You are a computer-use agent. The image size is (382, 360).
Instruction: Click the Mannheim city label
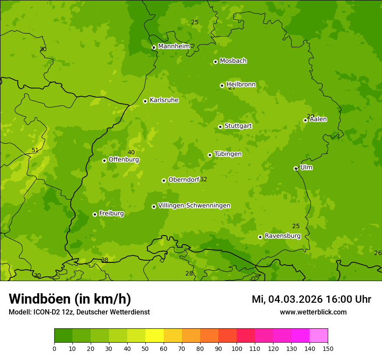click(x=174, y=46)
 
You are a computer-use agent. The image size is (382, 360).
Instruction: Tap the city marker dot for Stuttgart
click(x=220, y=127)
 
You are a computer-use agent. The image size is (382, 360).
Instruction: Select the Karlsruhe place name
click(x=164, y=100)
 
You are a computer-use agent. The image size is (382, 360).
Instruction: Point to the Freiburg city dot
click(x=95, y=214)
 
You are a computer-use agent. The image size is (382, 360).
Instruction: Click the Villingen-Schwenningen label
click(x=194, y=206)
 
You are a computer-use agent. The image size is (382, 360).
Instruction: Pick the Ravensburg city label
click(x=282, y=236)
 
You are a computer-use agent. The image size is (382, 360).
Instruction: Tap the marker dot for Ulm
click(x=296, y=168)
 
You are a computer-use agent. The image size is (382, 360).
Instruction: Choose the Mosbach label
click(x=233, y=61)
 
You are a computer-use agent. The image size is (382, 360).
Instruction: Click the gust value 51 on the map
click(x=35, y=151)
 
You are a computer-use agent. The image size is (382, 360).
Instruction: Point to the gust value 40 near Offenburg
click(x=131, y=152)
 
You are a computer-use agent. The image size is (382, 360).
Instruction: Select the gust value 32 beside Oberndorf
click(x=204, y=180)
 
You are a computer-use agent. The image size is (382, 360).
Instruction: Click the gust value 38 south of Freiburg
click(x=105, y=260)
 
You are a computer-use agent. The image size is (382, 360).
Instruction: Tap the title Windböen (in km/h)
click(x=70, y=299)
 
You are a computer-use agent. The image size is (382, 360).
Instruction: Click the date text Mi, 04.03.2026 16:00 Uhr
click(x=311, y=299)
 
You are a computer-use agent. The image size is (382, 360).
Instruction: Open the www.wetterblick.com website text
click(x=313, y=312)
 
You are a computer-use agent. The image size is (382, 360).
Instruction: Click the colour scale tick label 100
click(x=237, y=348)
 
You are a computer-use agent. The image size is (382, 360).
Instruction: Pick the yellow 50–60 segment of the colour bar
click(x=155, y=336)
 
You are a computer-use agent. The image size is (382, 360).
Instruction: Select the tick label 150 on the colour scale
click(x=328, y=348)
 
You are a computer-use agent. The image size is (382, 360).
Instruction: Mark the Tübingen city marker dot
click(x=210, y=155)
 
